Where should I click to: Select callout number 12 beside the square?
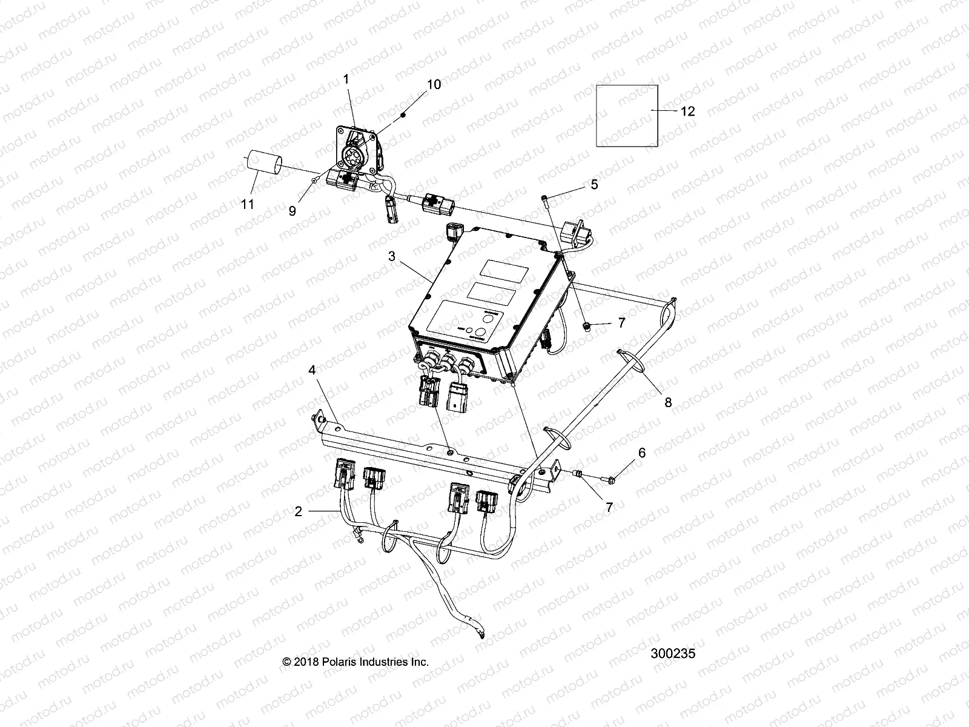pos(687,111)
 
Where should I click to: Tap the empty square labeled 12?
pos(627,115)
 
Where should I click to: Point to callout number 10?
pos(434,84)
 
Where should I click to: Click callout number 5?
pos(594,184)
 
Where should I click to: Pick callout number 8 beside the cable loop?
pos(668,402)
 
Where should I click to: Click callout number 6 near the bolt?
pos(643,453)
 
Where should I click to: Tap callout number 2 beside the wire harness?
pos(298,511)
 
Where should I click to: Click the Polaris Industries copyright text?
pos(356,662)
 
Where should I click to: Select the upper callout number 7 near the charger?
pos(621,323)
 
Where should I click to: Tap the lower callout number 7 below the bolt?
pos(609,508)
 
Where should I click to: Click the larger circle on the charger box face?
pos(480,333)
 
